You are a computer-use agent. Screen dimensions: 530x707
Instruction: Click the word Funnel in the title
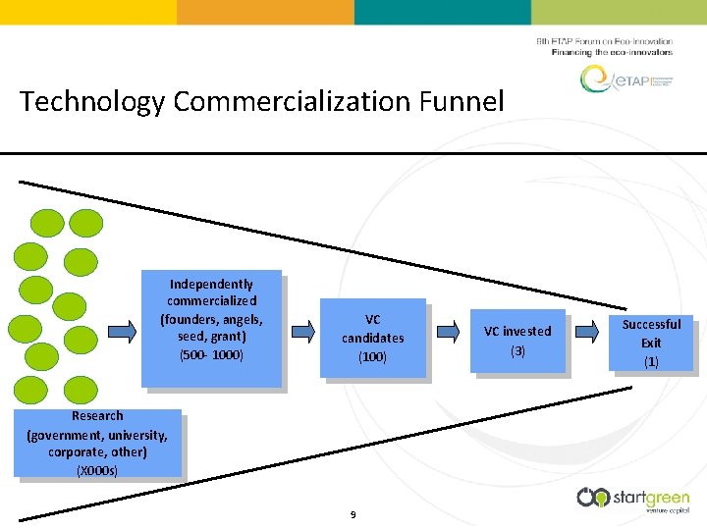tap(462, 101)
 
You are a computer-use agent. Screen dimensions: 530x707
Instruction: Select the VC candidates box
tap(373, 338)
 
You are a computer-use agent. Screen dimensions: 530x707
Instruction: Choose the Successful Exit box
tap(651, 343)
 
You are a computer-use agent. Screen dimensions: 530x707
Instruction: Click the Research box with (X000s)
tap(98, 443)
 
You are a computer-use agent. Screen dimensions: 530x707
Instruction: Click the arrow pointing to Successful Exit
tap(586, 333)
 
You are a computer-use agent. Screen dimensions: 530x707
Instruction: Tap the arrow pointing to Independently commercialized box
tap(121, 331)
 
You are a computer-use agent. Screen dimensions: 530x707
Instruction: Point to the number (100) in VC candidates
tap(372, 357)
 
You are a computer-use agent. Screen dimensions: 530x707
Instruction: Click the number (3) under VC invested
tap(517, 350)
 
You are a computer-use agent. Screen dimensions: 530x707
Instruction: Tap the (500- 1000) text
tap(211, 354)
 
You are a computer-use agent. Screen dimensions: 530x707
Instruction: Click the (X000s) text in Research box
tap(97, 471)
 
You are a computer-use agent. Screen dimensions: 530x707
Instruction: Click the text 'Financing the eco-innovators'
tap(613, 52)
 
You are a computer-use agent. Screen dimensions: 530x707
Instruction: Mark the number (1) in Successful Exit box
tap(651, 361)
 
